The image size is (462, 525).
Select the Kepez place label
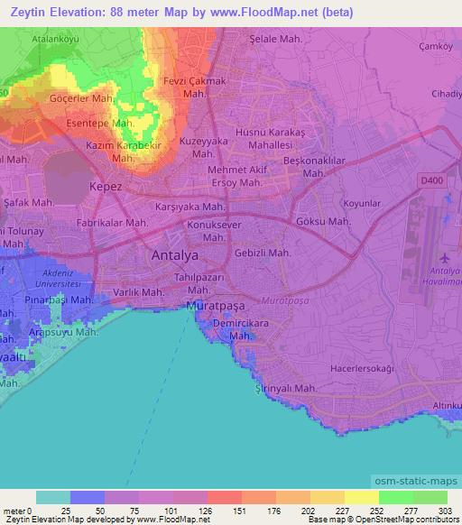[104, 187]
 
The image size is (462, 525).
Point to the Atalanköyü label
[56, 39]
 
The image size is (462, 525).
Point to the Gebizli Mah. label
[263, 253]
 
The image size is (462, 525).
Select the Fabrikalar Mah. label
[112, 222]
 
